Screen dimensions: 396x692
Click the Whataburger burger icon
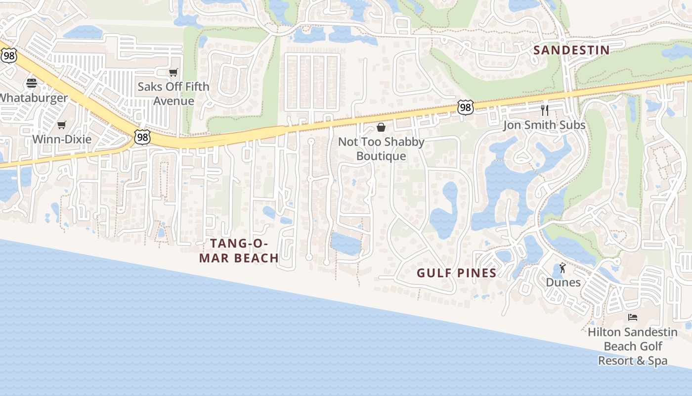pyautogui.click(x=32, y=83)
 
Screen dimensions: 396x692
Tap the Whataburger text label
pyautogui.click(x=33, y=98)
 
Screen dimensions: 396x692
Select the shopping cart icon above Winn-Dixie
pyautogui.click(x=62, y=125)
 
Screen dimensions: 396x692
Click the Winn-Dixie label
pyautogui.click(x=62, y=139)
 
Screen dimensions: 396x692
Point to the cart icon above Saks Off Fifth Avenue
pyautogui.click(x=173, y=73)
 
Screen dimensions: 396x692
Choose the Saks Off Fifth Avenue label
pyautogui.click(x=173, y=94)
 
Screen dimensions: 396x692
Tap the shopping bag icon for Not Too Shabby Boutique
pyautogui.click(x=381, y=127)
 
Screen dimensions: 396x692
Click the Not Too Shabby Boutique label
pyautogui.click(x=381, y=149)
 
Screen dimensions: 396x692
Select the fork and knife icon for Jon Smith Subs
pyautogui.click(x=545, y=110)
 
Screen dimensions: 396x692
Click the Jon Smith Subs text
pyautogui.click(x=544, y=125)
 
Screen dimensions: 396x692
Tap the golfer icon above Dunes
pyautogui.click(x=562, y=268)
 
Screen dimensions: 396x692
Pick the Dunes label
pyautogui.click(x=563, y=282)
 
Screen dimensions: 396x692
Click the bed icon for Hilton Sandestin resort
pyautogui.click(x=633, y=317)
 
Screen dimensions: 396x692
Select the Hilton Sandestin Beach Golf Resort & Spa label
pyautogui.click(x=633, y=346)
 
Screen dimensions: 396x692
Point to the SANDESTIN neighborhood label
pyautogui.click(x=571, y=50)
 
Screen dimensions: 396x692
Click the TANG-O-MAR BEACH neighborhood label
pyautogui.click(x=239, y=250)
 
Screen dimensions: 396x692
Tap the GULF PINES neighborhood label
pyautogui.click(x=456, y=273)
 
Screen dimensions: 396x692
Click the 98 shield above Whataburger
pyautogui.click(x=8, y=55)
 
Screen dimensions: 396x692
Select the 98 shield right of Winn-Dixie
pyautogui.click(x=142, y=137)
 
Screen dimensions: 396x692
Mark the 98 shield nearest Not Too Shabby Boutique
pyautogui.click(x=465, y=107)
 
